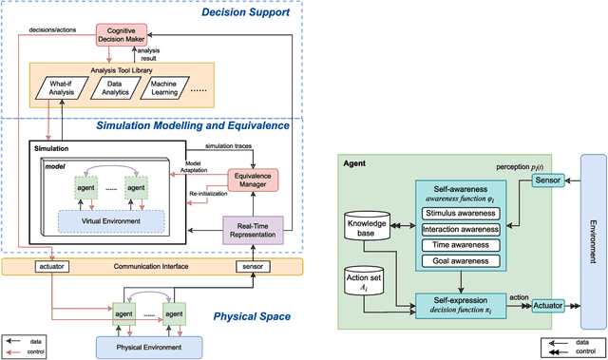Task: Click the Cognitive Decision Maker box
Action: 124,34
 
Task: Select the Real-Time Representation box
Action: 254,231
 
